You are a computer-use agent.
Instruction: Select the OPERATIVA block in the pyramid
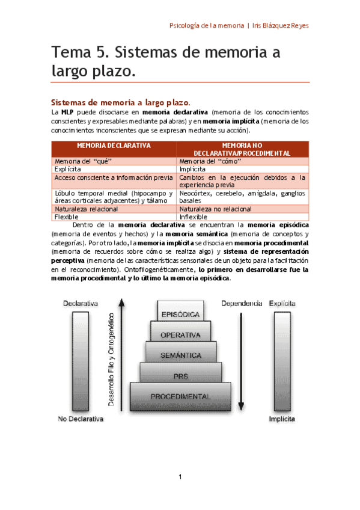180,335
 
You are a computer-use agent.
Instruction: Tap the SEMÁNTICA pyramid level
180,355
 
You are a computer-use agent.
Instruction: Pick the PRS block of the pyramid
180,376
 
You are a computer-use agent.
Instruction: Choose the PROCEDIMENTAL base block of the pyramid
180,396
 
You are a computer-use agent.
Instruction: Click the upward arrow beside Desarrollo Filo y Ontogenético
123,355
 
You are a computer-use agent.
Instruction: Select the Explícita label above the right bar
282,304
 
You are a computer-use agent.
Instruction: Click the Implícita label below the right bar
282,419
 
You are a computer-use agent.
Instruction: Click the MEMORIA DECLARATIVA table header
114,146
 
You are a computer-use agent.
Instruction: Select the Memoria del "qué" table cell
84,162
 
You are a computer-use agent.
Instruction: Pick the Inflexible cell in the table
193,217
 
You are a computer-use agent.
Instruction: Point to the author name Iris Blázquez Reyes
281,26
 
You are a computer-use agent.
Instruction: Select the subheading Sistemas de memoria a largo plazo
120,102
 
